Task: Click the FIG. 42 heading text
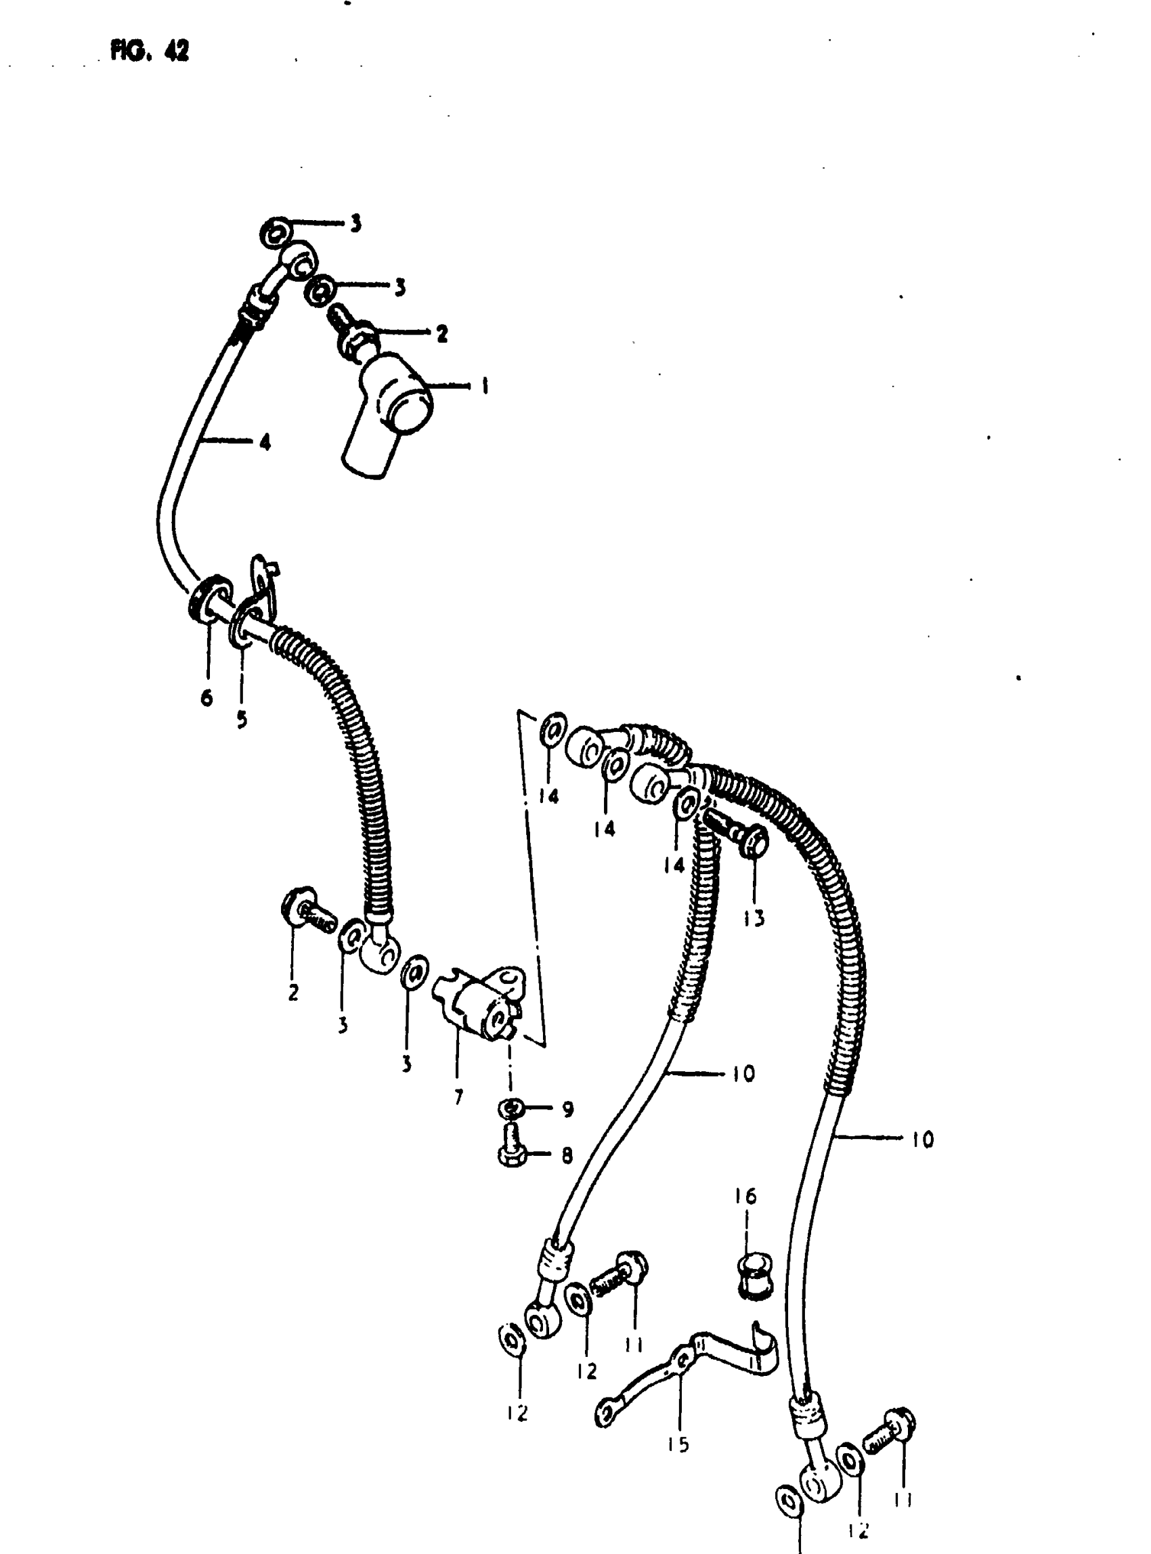tap(150, 51)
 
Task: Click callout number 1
tap(484, 386)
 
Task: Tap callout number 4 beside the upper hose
tap(265, 441)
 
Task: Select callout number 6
tap(207, 697)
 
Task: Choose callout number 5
tap(241, 720)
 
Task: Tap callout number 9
tap(568, 1108)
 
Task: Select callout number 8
tap(567, 1155)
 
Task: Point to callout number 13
tap(754, 918)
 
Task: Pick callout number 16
tap(745, 1196)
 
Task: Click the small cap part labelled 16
tap(754, 1274)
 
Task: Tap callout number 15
tap(678, 1444)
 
